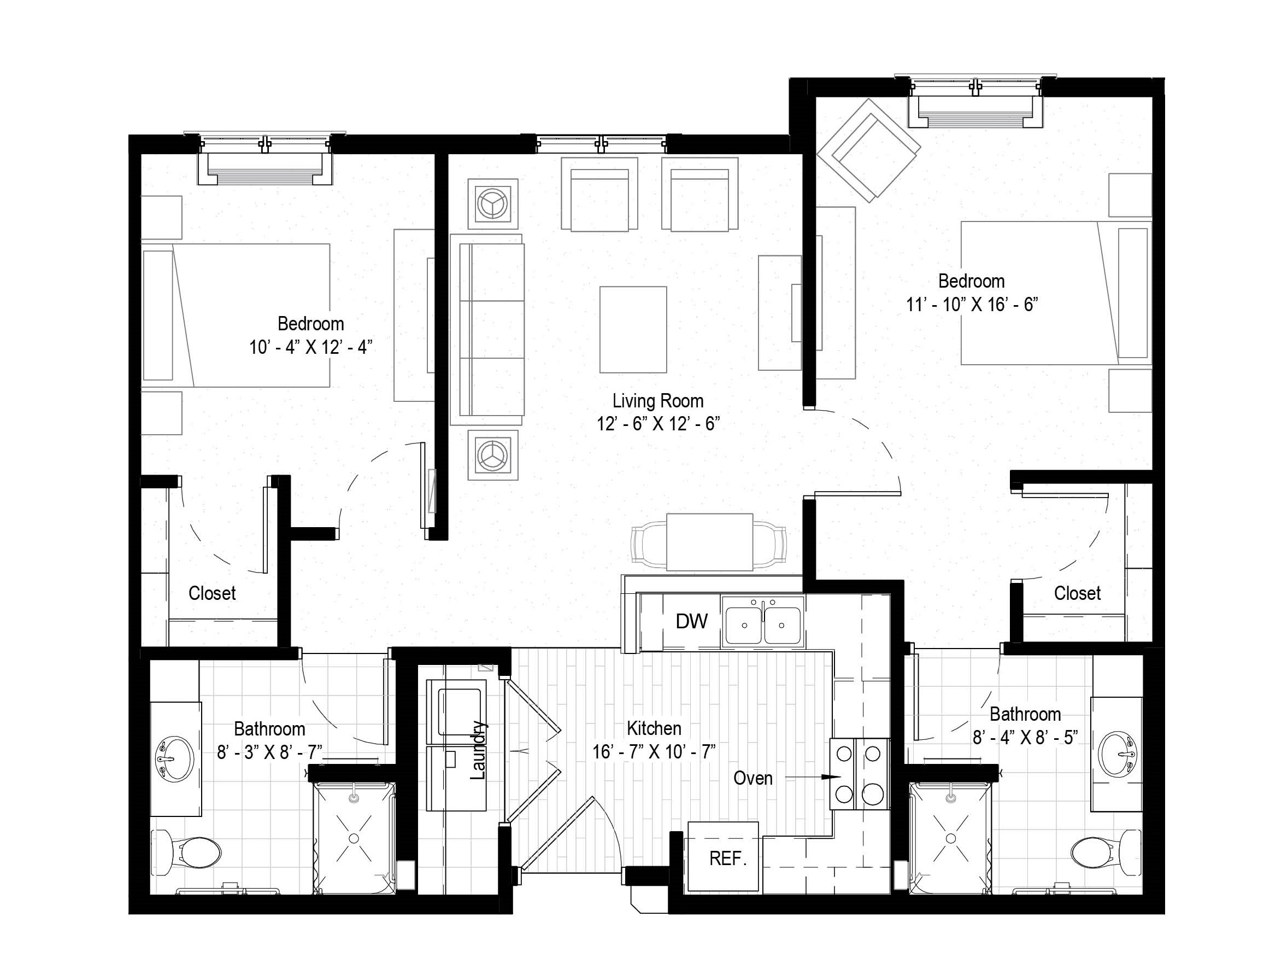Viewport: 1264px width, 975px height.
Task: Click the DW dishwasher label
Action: [691, 622]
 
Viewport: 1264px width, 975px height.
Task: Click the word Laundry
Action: [478, 750]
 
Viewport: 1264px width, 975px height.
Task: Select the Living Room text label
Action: [658, 401]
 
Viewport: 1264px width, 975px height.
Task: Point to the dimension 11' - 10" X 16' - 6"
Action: [972, 305]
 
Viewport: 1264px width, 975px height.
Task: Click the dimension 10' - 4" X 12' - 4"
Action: [311, 347]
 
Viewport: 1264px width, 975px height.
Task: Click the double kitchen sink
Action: [763, 623]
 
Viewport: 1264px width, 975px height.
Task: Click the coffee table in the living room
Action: [633, 329]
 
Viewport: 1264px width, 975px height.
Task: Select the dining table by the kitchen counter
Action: [709, 542]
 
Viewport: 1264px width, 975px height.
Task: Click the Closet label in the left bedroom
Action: [213, 593]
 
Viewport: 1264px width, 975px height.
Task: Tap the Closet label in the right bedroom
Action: [1077, 593]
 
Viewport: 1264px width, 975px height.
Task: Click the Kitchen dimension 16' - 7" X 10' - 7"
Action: [654, 751]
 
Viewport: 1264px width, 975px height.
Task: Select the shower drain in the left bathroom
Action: [354, 837]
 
